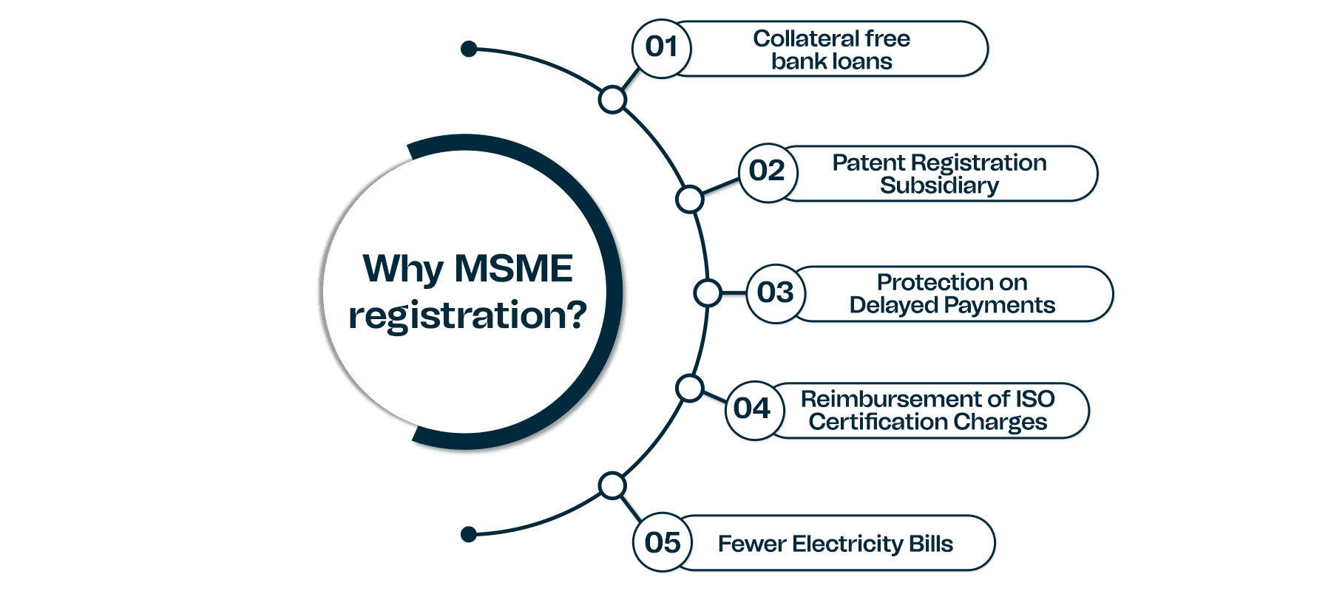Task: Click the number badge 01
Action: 661,47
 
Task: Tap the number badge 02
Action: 767,171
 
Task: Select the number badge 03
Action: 775,293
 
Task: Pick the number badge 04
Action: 752,409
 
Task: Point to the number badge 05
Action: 663,543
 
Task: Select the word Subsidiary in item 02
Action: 939,185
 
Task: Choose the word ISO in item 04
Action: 1034,399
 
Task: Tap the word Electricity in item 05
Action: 847,544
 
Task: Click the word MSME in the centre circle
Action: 513,268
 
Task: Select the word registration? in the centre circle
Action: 467,315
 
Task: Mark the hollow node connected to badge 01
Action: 612,99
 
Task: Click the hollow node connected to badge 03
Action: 708,293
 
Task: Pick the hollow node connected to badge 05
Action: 612,485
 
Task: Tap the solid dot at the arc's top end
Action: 468,49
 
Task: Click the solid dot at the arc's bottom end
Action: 468,534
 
